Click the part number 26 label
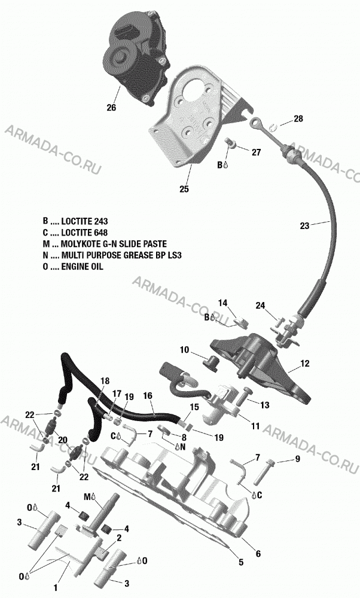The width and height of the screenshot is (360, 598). (111, 108)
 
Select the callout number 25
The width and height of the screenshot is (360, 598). (184, 189)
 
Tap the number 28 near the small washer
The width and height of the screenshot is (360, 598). (298, 118)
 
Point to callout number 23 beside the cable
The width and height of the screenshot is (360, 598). (304, 226)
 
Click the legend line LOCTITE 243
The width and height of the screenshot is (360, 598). (75, 221)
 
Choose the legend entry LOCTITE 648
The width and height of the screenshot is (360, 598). (75, 233)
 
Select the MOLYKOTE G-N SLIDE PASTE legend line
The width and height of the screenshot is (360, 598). (105, 244)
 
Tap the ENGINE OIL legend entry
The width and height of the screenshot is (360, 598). (73, 267)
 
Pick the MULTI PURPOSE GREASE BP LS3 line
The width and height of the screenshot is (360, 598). (112, 255)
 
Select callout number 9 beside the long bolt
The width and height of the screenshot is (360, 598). (297, 459)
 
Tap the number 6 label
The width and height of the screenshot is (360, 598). (258, 553)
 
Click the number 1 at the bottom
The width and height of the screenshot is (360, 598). (56, 588)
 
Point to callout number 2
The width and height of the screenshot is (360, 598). (119, 538)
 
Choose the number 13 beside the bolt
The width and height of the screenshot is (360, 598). (265, 405)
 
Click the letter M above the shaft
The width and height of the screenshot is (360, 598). (87, 496)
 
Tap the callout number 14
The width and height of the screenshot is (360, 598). (222, 303)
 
